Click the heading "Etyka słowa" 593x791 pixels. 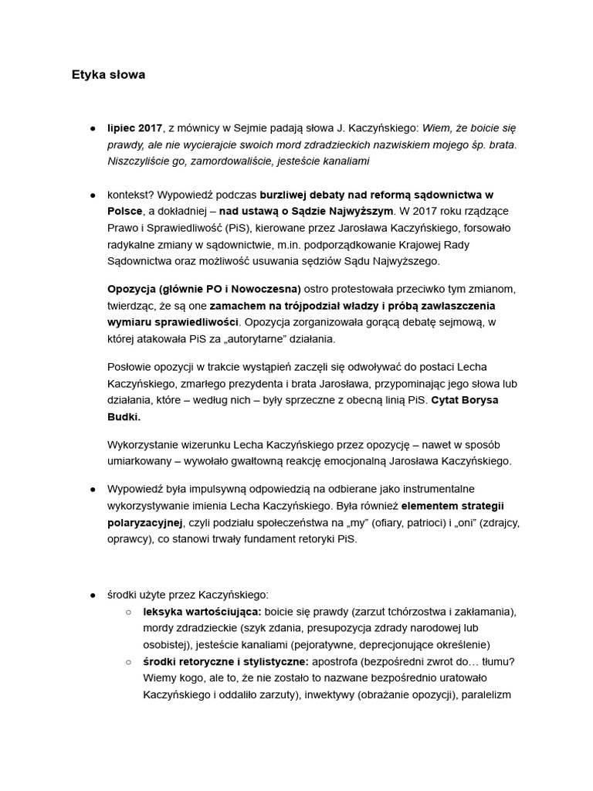click(x=108, y=75)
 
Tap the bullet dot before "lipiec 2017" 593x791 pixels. click(x=93, y=127)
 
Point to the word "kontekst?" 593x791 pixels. click(x=132, y=194)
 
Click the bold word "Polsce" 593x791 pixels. click(x=125, y=211)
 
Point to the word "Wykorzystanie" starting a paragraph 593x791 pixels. click(x=144, y=444)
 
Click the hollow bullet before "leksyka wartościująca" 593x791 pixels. click(x=128, y=612)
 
